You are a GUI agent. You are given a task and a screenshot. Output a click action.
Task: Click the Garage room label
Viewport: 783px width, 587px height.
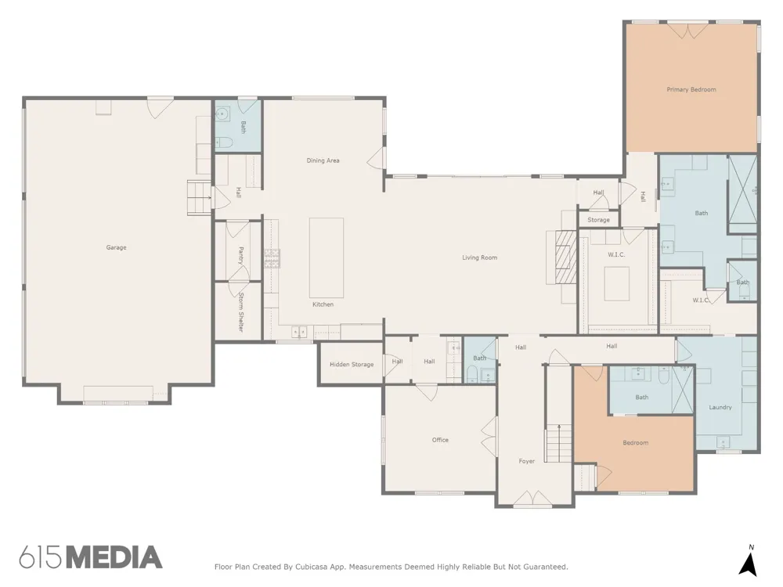click(117, 247)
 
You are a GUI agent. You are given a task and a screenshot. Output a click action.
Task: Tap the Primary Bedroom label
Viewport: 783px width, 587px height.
click(691, 90)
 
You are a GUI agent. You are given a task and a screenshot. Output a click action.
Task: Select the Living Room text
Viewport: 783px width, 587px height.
click(479, 257)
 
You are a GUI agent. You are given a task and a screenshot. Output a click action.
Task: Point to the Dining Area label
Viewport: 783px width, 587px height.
click(323, 160)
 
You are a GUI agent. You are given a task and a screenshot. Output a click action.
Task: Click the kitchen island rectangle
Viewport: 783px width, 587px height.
click(326, 257)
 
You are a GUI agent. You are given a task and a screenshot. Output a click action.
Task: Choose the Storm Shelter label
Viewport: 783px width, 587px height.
click(240, 312)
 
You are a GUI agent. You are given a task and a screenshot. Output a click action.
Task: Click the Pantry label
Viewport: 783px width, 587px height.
click(240, 256)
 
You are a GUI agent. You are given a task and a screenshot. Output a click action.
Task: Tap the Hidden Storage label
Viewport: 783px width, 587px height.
click(352, 365)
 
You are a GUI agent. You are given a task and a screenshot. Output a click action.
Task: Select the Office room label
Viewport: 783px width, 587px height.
click(440, 440)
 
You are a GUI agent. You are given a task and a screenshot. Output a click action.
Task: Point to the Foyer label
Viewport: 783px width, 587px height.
click(526, 461)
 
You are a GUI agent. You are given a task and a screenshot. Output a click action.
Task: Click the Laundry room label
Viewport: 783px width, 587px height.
click(720, 407)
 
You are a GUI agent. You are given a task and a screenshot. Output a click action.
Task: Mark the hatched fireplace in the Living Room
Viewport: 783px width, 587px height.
click(566, 257)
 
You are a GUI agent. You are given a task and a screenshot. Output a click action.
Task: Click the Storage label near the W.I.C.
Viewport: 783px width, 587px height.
click(598, 220)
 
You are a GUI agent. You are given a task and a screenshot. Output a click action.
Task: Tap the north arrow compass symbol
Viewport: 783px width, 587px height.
click(749, 563)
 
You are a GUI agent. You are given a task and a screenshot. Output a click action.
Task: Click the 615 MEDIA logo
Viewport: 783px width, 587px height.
click(91, 557)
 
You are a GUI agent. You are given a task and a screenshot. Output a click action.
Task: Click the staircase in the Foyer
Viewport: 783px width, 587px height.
click(557, 443)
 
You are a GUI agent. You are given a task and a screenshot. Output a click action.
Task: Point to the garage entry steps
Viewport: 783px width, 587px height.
click(200, 198)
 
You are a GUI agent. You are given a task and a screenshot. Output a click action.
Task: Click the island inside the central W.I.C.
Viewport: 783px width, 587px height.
click(617, 283)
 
